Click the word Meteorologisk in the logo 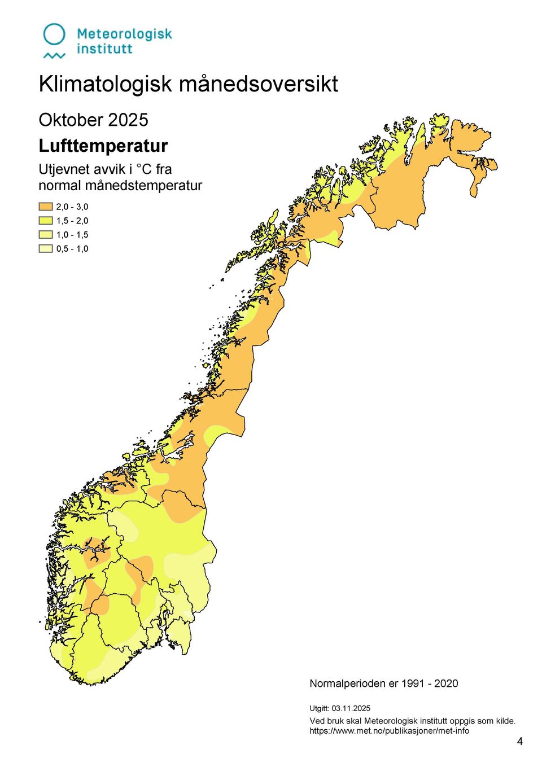coord(124,34)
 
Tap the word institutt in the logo coord(104,49)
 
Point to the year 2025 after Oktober coord(128,120)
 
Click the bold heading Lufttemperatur coord(103,146)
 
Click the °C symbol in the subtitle coord(144,169)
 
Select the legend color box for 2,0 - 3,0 coord(46,207)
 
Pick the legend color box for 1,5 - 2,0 coord(46,221)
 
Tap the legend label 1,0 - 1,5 coord(72,235)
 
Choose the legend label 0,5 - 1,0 coord(72,249)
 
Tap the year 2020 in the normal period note coord(446,683)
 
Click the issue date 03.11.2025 coord(351,708)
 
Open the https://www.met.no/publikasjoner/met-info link coord(389,731)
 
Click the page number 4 coord(520,742)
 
